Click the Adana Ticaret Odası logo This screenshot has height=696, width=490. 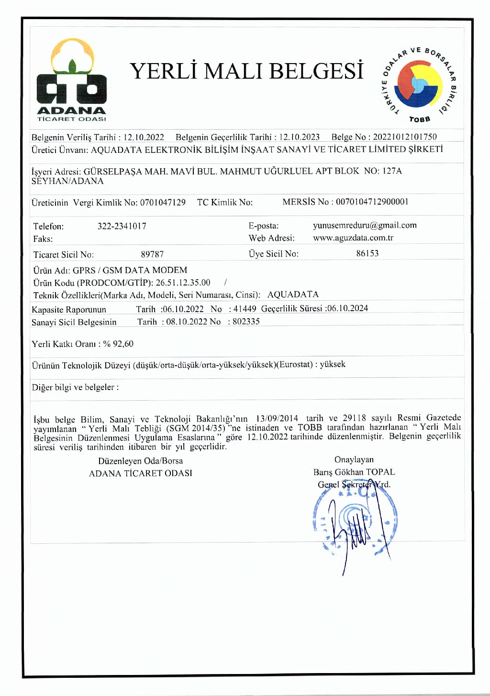click(x=72, y=80)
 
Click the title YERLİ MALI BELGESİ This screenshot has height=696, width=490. click(x=247, y=71)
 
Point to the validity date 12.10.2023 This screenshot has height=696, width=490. click(x=300, y=137)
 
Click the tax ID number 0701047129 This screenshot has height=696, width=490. click(x=163, y=202)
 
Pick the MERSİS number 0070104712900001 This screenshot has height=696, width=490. click(x=372, y=202)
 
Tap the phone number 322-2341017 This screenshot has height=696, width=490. click(x=122, y=226)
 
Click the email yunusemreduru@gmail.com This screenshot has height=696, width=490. click(x=365, y=225)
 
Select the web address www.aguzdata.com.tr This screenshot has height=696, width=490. click(x=353, y=238)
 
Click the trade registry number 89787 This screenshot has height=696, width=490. click(x=152, y=254)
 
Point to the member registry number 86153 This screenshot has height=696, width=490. click(x=367, y=253)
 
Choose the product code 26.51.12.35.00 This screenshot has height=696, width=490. click(x=183, y=283)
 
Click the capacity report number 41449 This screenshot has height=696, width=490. click(x=245, y=309)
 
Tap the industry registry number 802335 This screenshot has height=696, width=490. click(x=246, y=322)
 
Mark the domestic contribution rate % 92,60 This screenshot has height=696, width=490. click(x=119, y=344)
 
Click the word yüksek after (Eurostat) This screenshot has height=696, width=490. click(x=333, y=364)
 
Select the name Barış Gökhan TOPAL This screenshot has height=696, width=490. click(x=354, y=472)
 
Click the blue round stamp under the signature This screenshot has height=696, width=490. click(x=355, y=521)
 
